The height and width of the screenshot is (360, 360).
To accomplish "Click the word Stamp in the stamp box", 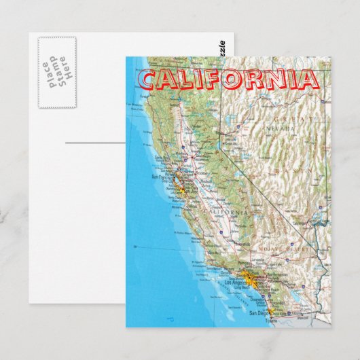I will coord(57,72).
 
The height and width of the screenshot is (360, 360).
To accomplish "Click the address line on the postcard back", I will coord(95,143).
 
